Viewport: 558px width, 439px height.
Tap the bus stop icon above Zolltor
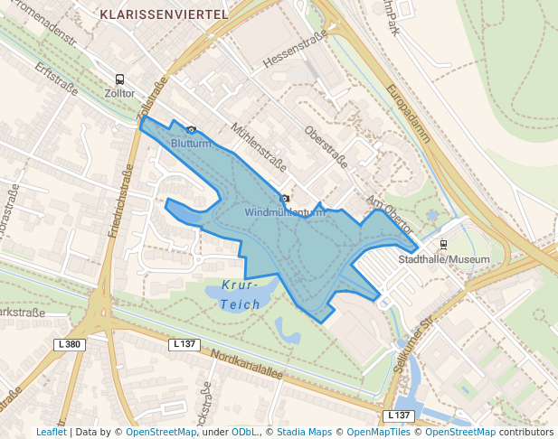point(119,79)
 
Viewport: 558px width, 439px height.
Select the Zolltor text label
point(119,93)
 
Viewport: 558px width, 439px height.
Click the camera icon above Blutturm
point(191,130)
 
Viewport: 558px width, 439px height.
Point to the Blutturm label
point(191,144)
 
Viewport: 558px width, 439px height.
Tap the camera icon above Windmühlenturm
point(285,199)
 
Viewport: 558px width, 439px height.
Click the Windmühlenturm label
point(284,213)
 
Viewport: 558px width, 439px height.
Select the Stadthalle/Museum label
point(444,259)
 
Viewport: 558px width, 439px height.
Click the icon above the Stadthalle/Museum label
point(443,245)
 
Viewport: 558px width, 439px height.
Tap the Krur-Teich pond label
point(240,294)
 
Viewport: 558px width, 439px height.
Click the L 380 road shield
point(69,344)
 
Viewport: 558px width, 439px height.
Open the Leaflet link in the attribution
point(51,432)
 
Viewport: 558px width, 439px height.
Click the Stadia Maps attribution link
point(304,432)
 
